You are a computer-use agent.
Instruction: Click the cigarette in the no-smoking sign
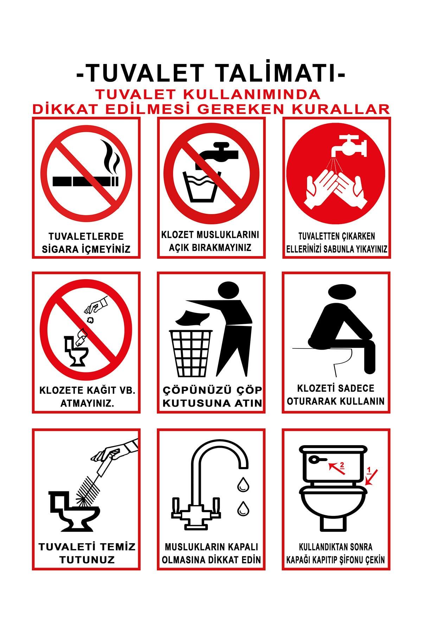click(86, 181)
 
